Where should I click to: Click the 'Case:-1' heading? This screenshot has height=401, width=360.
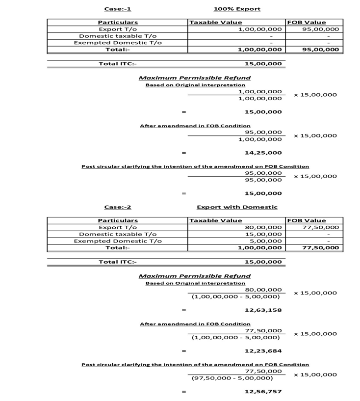coord(118,9)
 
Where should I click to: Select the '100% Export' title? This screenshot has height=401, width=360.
coord(237,9)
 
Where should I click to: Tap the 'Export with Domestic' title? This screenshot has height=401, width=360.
coord(237,207)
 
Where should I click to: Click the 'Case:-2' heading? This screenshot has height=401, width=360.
coord(118,207)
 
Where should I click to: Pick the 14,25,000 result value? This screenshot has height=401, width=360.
coord(263,153)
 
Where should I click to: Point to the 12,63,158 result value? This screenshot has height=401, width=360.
coord(263,310)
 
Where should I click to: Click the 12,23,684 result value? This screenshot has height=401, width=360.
coord(263,350)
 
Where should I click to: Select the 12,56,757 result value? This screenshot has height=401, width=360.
coord(263,391)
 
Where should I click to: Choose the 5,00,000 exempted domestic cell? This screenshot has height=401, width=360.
coord(268,241)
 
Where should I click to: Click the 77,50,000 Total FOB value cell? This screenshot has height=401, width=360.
coord(320,248)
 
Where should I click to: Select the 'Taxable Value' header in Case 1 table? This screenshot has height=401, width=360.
coord(215,22)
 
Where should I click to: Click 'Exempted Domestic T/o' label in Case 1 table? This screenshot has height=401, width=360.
coord(118,43)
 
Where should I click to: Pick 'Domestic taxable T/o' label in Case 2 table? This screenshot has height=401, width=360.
coord(118,234)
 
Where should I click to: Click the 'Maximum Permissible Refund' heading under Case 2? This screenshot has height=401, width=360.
coord(195,276)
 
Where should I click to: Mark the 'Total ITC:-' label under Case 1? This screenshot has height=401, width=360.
coord(118,63)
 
